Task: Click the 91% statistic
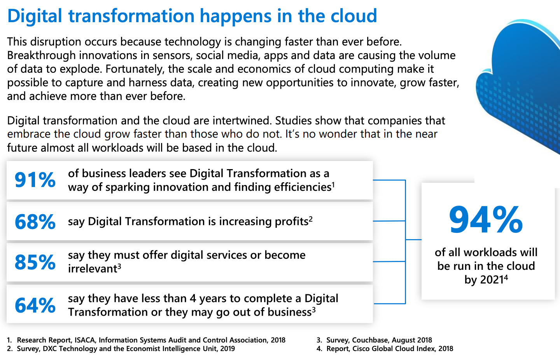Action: (x=35, y=180)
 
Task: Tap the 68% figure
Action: (x=35, y=222)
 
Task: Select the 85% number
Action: (x=35, y=262)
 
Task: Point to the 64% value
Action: (x=35, y=305)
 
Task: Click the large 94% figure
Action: (x=486, y=220)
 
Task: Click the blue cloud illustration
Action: (x=520, y=85)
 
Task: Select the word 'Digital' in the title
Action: (x=35, y=16)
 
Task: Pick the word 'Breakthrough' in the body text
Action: (x=41, y=56)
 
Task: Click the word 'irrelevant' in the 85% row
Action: (x=93, y=269)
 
